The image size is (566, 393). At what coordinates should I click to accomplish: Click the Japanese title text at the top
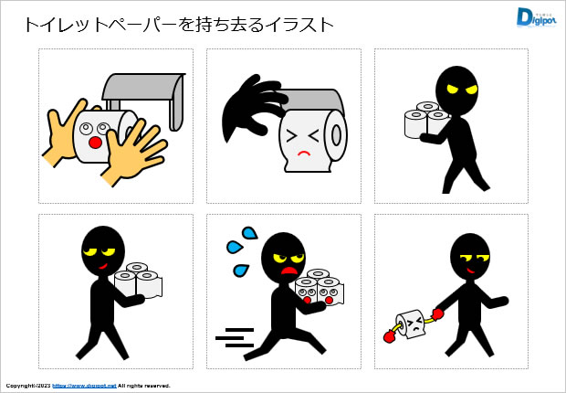pyautogui.click(x=178, y=24)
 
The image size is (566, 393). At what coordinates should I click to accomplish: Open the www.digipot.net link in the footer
pyautogui.click(x=83, y=386)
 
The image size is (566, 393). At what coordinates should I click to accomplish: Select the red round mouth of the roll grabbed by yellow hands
pyautogui.click(x=95, y=143)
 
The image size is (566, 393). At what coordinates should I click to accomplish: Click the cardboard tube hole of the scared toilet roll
pyautogui.click(x=337, y=134)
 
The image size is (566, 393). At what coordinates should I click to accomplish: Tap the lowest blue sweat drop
pyautogui.click(x=241, y=270)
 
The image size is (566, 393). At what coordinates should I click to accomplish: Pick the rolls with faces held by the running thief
pyautogui.click(x=319, y=287)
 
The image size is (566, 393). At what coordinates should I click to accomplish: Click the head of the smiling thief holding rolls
pyautogui.click(x=103, y=251)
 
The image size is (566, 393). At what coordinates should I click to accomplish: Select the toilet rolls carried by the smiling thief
pyautogui.click(x=139, y=281)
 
